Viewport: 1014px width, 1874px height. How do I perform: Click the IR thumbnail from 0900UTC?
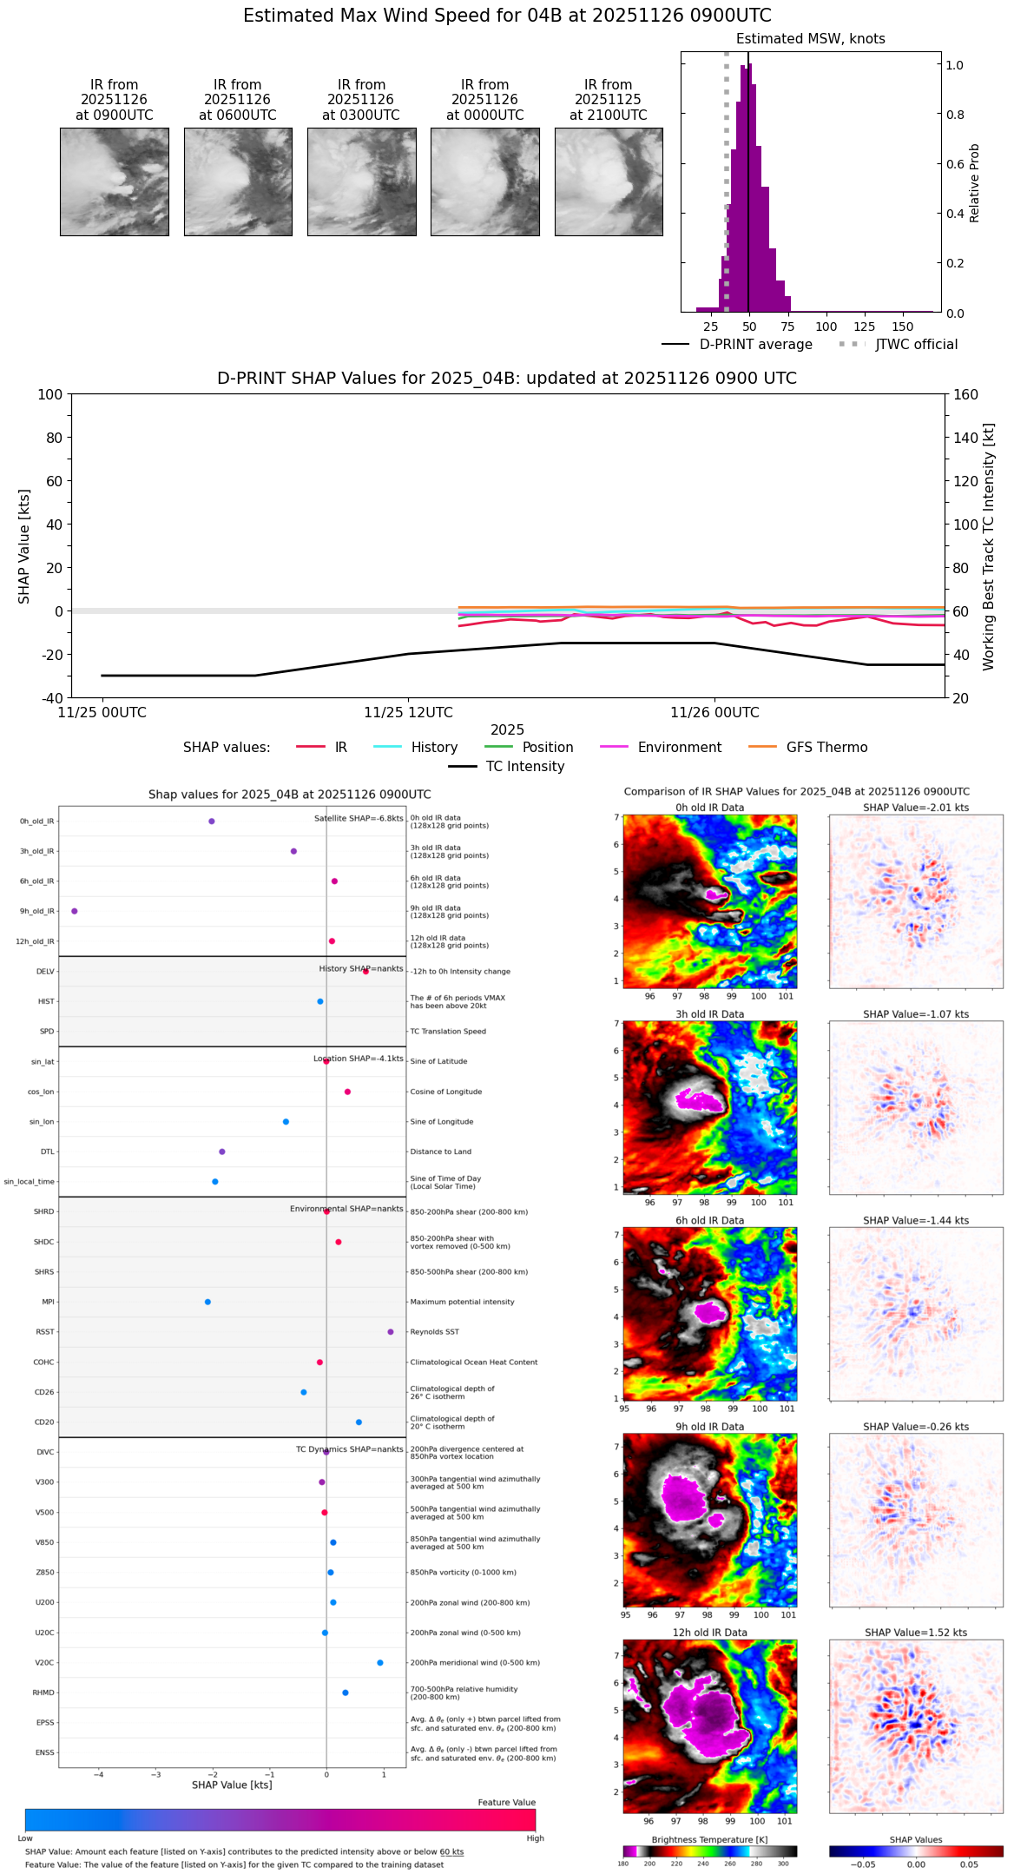pos(114,181)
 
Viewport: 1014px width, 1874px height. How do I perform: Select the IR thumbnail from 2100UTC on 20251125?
pos(609,181)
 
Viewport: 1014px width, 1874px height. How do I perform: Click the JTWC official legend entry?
pos(916,345)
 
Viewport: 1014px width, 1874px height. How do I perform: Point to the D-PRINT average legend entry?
pos(755,345)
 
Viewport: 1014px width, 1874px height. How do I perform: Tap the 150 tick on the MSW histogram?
pos(903,327)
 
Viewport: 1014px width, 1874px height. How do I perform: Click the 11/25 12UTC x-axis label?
pos(408,713)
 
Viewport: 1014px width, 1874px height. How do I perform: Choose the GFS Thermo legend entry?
pos(826,748)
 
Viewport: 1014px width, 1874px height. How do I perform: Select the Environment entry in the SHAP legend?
pos(679,748)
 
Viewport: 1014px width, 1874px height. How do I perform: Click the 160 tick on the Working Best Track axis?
pos(966,395)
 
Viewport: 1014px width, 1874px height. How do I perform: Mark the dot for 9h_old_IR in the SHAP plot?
pos(75,911)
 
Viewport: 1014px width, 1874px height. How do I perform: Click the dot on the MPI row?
pos(207,1302)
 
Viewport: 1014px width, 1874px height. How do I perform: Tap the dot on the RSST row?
pos(391,1331)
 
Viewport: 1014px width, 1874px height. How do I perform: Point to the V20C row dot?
pos(380,1662)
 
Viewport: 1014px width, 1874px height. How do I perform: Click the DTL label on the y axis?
pos(47,1151)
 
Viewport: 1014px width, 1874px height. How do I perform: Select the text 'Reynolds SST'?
pos(434,1331)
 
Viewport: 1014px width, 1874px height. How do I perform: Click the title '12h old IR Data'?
pos(709,1633)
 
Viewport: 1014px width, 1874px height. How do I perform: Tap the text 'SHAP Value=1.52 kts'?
pos(916,1633)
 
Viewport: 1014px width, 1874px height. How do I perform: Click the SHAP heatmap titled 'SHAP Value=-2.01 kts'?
pos(916,901)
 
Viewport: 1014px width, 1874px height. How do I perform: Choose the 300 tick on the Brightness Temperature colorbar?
pos(783,1864)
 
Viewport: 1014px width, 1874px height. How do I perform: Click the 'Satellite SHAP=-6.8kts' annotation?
pos(359,818)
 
